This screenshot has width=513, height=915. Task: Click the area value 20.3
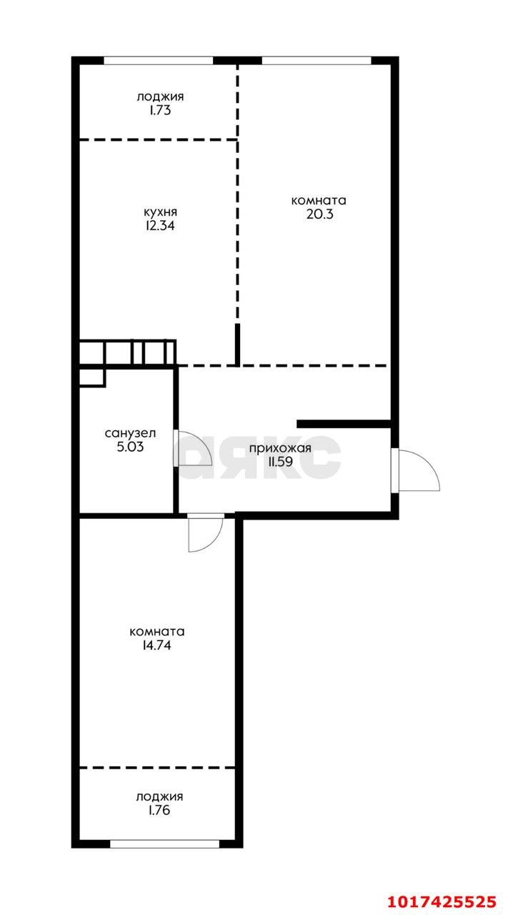tap(320, 214)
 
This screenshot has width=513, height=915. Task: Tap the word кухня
tap(161, 212)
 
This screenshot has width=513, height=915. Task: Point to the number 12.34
tap(160, 225)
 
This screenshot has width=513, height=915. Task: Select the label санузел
tap(130, 433)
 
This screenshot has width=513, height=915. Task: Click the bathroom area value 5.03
tap(130, 447)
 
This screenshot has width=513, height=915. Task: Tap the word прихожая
tap(280, 448)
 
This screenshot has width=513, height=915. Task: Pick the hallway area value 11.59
tap(280, 462)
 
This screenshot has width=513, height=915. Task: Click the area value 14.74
tap(156, 645)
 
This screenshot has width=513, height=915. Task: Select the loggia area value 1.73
tap(160, 110)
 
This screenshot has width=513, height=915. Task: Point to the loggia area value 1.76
tap(159, 810)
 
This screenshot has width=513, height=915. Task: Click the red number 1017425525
tap(442, 901)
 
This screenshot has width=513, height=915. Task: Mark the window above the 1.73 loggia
tap(159, 61)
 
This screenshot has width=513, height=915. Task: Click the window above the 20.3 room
tap(317, 61)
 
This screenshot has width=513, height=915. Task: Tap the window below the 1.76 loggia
tap(165, 844)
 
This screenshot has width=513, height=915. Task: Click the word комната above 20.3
tap(319, 201)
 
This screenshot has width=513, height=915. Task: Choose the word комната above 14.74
tap(157, 631)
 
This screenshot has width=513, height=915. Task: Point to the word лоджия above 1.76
tap(159, 797)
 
